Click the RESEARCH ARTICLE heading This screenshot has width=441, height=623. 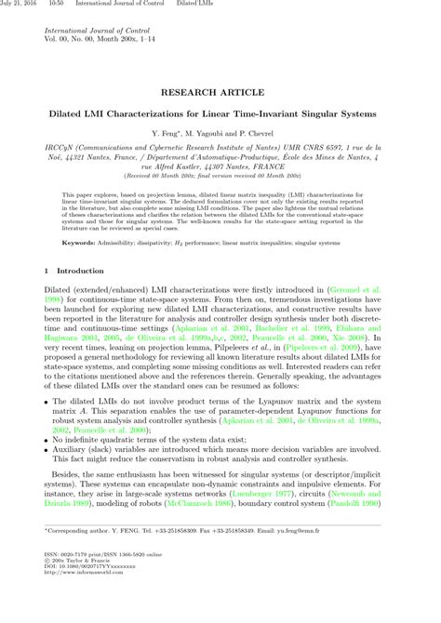(220, 93)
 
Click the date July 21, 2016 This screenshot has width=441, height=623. (18, 5)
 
